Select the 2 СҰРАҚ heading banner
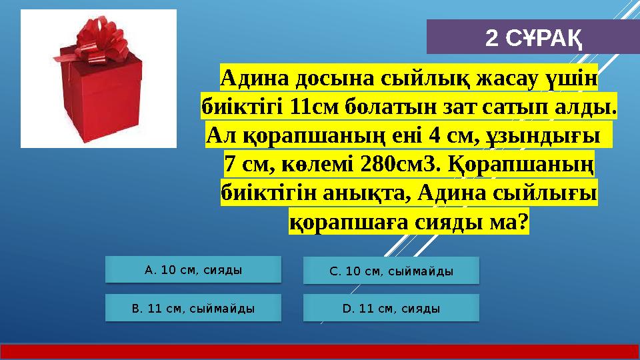point(533,37)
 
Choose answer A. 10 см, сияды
point(193,270)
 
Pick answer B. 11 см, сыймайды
point(193,308)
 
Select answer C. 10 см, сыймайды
point(391,271)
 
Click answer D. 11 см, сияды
point(391,308)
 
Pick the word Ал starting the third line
point(220,135)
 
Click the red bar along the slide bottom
point(320,352)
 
